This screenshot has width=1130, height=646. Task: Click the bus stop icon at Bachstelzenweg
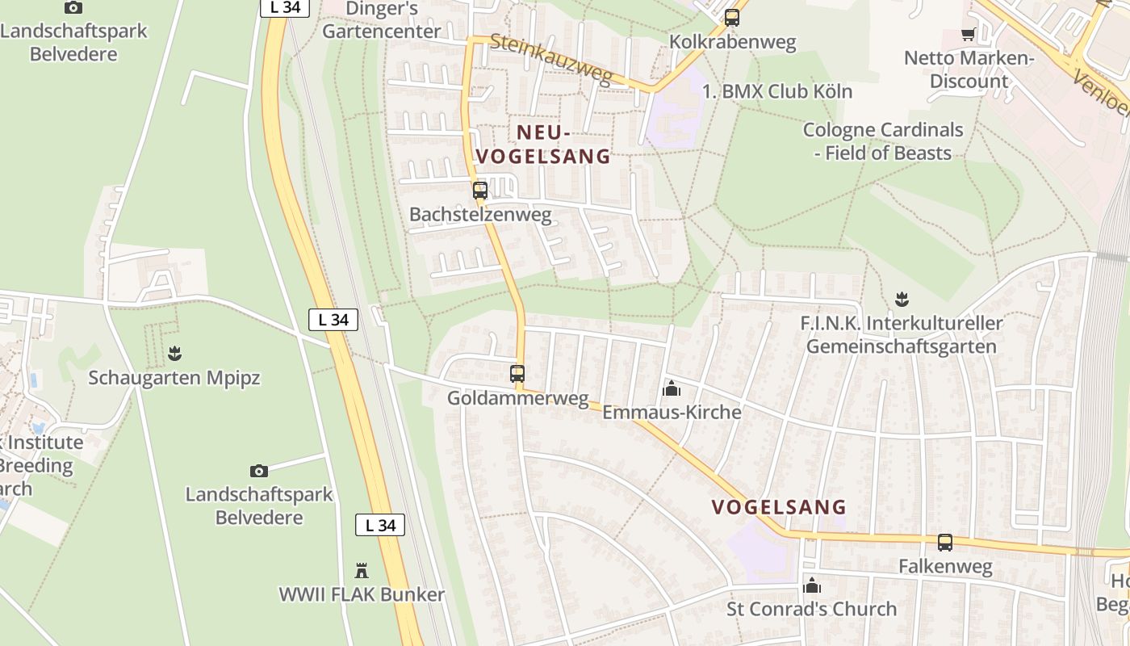point(480,191)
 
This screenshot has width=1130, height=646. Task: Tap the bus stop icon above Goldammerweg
point(517,374)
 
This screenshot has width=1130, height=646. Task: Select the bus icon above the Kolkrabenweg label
point(732,17)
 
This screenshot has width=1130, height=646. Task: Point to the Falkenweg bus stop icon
point(945,543)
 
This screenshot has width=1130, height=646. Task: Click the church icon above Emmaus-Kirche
point(671,389)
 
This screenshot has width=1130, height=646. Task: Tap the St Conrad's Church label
point(811,609)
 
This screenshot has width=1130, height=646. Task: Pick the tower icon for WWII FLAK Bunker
point(362,571)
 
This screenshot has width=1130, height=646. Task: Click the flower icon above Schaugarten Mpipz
point(174,353)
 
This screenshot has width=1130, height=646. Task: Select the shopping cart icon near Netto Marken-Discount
point(968,34)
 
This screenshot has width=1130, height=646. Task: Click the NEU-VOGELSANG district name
point(543,144)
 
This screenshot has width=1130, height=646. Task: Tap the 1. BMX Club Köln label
point(776,91)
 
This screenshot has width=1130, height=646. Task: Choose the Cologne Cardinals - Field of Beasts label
point(883,141)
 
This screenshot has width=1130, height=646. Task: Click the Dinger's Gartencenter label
point(381,20)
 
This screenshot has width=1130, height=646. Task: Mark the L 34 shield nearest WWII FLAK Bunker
point(380,526)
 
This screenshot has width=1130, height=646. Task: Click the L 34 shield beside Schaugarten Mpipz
point(333,320)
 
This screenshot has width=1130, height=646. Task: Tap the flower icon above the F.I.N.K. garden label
point(902,300)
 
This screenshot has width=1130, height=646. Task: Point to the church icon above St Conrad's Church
point(812,585)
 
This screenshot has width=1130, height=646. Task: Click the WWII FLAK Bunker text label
point(362,595)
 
